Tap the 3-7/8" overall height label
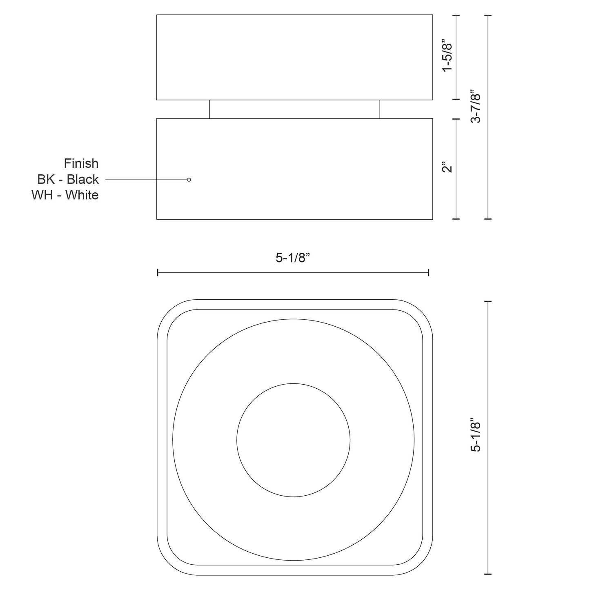click(x=476, y=106)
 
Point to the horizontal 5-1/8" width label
click(x=293, y=258)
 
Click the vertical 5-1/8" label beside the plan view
click(x=476, y=435)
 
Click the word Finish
click(x=81, y=163)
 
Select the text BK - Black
click(x=68, y=179)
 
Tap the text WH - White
click(x=65, y=195)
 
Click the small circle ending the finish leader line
click(x=189, y=180)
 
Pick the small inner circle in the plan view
click(x=293, y=440)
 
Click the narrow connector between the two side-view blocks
click(x=294, y=109)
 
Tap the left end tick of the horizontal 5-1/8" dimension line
click(x=158, y=273)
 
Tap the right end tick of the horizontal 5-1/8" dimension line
click(x=428, y=273)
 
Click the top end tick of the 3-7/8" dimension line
click(x=488, y=15)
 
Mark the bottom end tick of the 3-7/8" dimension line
click(x=488, y=219)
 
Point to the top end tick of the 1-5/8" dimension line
click(x=456, y=15)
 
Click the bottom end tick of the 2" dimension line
click(x=456, y=219)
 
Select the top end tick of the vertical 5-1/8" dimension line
click(x=488, y=302)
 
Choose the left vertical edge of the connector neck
click(x=209, y=109)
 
